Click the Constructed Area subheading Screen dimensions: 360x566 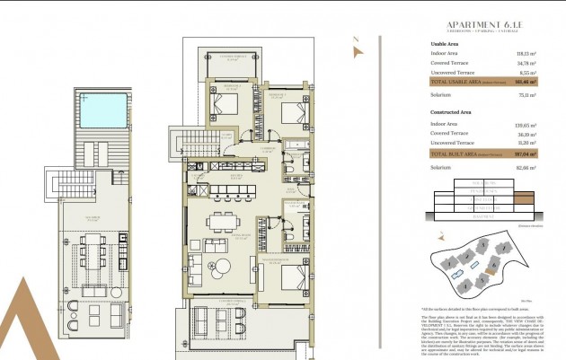click(452, 112)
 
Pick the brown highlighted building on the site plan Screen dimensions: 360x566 click(491, 264)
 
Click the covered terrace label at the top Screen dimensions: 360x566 click(235, 57)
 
